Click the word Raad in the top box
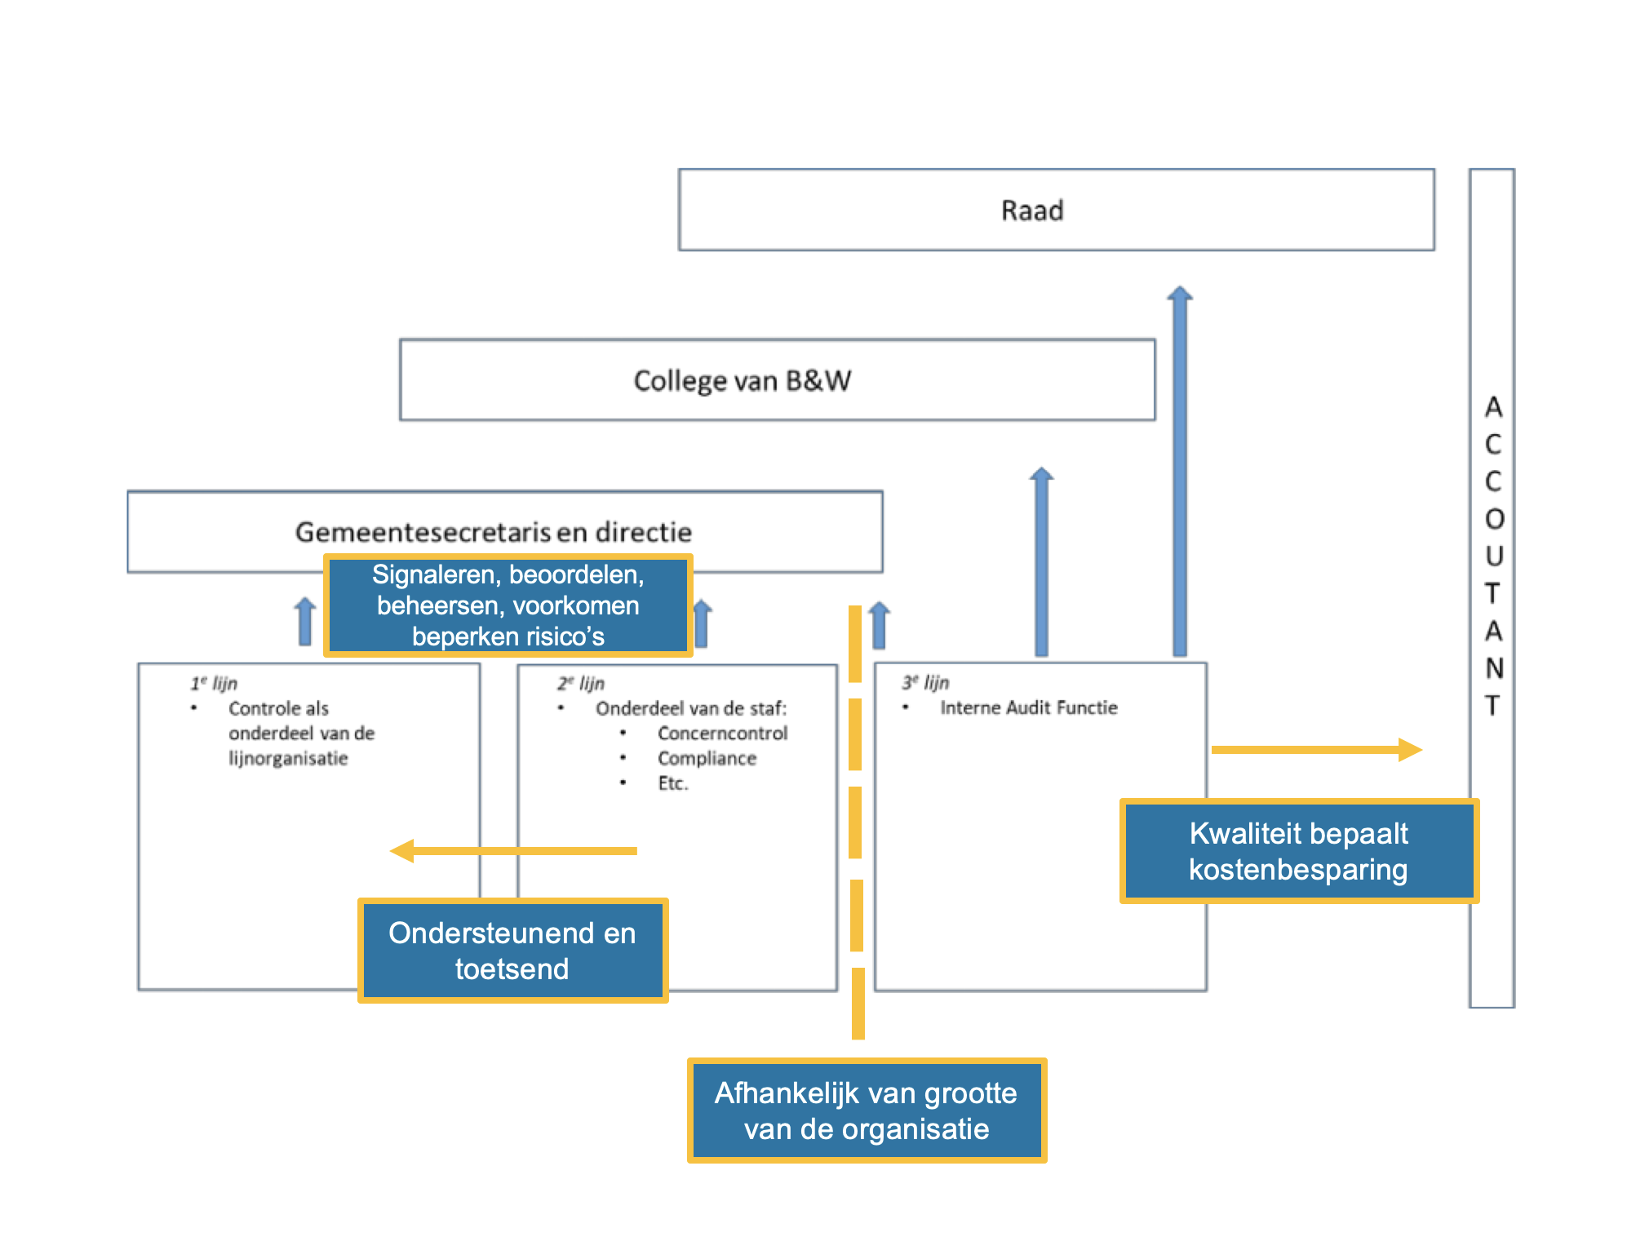point(1032,211)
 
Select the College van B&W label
point(742,381)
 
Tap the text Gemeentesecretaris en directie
point(493,532)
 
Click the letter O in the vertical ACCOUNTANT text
point(1493,519)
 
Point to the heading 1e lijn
point(214,683)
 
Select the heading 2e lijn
point(581,683)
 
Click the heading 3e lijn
point(925,682)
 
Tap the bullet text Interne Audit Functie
point(1028,707)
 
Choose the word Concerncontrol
point(722,733)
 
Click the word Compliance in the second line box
point(707,758)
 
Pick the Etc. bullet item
point(673,783)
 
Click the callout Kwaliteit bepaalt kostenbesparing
point(1298,851)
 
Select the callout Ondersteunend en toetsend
point(512,951)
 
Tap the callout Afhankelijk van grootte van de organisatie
point(866,1111)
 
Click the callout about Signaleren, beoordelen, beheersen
point(508,605)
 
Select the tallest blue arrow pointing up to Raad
point(1179,473)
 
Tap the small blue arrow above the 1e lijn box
point(305,622)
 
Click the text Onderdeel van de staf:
point(690,708)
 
